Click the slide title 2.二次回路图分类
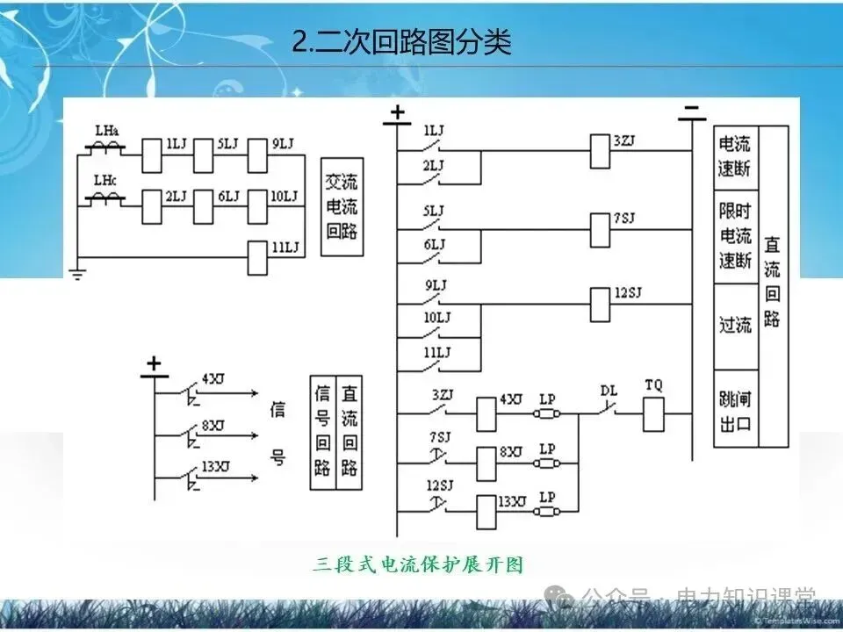click(x=401, y=42)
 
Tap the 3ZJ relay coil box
click(x=601, y=150)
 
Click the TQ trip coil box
click(x=653, y=413)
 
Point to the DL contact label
click(x=609, y=389)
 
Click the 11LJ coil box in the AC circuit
click(x=258, y=256)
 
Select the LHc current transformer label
click(x=106, y=182)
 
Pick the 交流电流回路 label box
click(x=342, y=207)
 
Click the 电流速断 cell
click(x=736, y=157)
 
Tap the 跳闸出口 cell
click(x=736, y=413)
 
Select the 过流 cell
click(x=736, y=325)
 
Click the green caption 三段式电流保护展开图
click(x=418, y=564)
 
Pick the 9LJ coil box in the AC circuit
click(x=258, y=154)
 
